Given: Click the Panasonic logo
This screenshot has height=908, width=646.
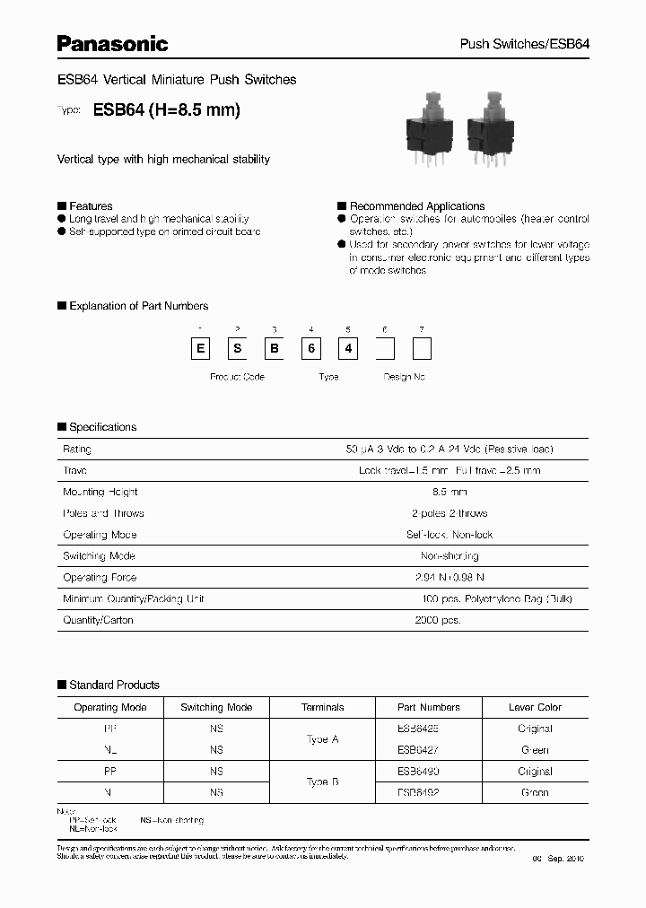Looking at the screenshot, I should (x=113, y=42).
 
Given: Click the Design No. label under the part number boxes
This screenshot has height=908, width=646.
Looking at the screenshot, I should (x=404, y=377).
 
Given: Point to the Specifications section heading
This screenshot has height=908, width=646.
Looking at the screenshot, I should (x=102, y=427).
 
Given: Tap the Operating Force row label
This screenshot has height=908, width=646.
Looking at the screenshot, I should (x=100, y=578).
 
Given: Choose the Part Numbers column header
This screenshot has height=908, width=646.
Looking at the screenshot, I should (x=429, y=707).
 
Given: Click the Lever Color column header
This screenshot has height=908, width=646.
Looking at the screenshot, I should (x=535, y=707).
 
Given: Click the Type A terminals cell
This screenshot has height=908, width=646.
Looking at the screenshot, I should (x=322, y=739).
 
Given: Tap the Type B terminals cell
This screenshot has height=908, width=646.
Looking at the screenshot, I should (x=322, y=782).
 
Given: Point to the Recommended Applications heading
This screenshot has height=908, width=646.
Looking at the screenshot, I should (x=416, y=206).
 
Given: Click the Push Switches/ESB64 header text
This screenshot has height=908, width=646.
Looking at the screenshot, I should (x=524, y=44).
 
